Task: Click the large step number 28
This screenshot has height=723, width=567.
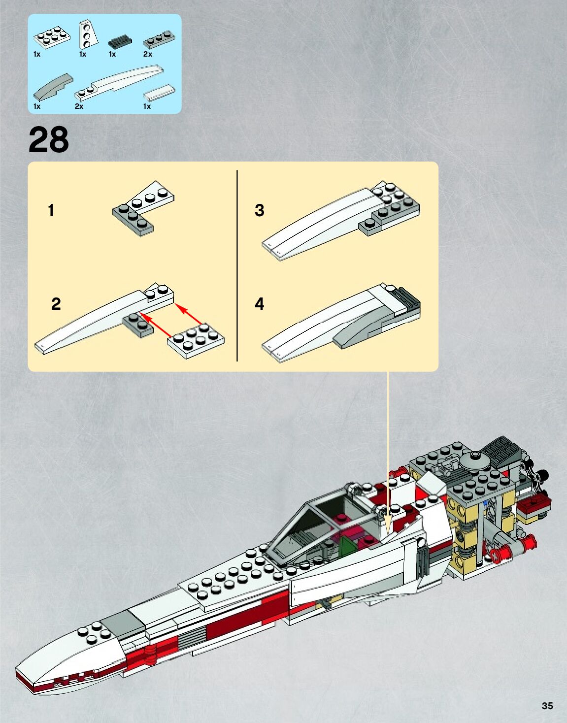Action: [49, 140]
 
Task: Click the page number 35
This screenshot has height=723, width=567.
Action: [547, 705]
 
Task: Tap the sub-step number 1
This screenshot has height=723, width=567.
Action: [51, 211]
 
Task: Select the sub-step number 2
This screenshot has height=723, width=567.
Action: [56, 304]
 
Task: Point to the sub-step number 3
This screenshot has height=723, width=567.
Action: [260, 210]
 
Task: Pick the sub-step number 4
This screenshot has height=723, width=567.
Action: [260, 304]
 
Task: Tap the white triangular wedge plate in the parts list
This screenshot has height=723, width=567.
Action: [88, 33]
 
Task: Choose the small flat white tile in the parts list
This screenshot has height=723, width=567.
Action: [159, 92]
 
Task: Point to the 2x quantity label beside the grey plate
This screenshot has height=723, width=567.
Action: [148, 54]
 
